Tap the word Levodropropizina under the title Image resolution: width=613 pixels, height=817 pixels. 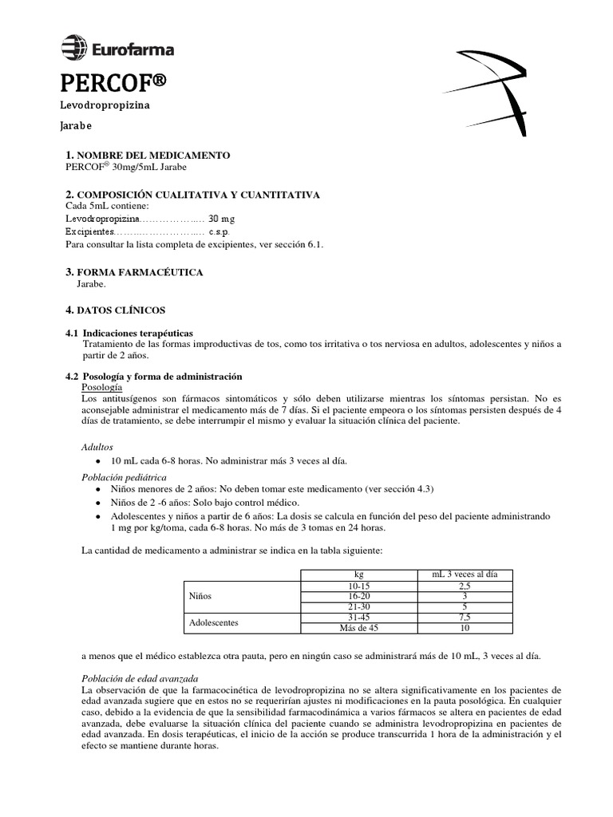[x=105, y=105]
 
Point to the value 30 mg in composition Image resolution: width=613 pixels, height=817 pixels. [x=222, y=218]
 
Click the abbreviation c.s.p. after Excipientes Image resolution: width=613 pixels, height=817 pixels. [x=219, y=231]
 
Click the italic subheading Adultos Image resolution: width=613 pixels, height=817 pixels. [x=97, y=448]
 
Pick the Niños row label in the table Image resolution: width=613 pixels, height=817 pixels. [x=200, y=596]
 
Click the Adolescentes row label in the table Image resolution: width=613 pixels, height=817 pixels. [x=214, y=622]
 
